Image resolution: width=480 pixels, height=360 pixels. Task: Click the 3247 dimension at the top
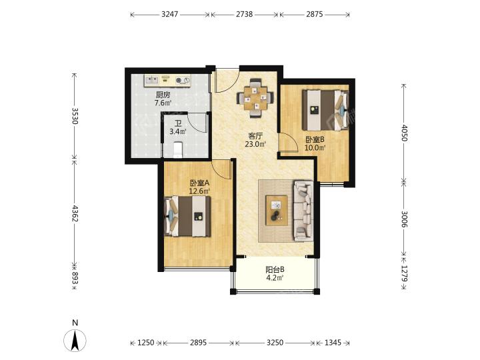tap(169, 14)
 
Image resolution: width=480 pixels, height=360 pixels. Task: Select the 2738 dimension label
tap(245, 14)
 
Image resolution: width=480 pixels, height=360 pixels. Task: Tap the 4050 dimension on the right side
tap(405, 133)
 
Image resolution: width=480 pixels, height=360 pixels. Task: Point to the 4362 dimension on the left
tap(75, 213)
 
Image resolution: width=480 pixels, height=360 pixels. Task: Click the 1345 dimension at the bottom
tap(333, 343)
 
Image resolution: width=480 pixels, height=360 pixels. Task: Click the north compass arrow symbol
tap(75, 340)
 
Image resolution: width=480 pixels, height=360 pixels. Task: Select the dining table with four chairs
tap(255, 98)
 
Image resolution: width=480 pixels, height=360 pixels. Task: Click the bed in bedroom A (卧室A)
tap(187, 217)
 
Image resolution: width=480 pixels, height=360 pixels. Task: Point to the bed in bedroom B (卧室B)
tap(325, 110)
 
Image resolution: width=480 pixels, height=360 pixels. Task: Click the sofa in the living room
tap(303, 211)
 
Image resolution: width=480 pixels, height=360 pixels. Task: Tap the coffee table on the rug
tap(277, 210)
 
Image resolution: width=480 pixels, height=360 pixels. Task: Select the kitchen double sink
tap(151, 81)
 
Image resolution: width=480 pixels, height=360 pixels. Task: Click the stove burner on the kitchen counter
tap(179, 81)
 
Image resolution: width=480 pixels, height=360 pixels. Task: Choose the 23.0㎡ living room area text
tap(255, 144)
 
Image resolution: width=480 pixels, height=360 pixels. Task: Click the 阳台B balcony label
tap(275, 270)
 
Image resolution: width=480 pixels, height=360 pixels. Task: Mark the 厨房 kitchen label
tap(163, 95)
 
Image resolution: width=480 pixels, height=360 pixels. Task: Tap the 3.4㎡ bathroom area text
tap(178, 131)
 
